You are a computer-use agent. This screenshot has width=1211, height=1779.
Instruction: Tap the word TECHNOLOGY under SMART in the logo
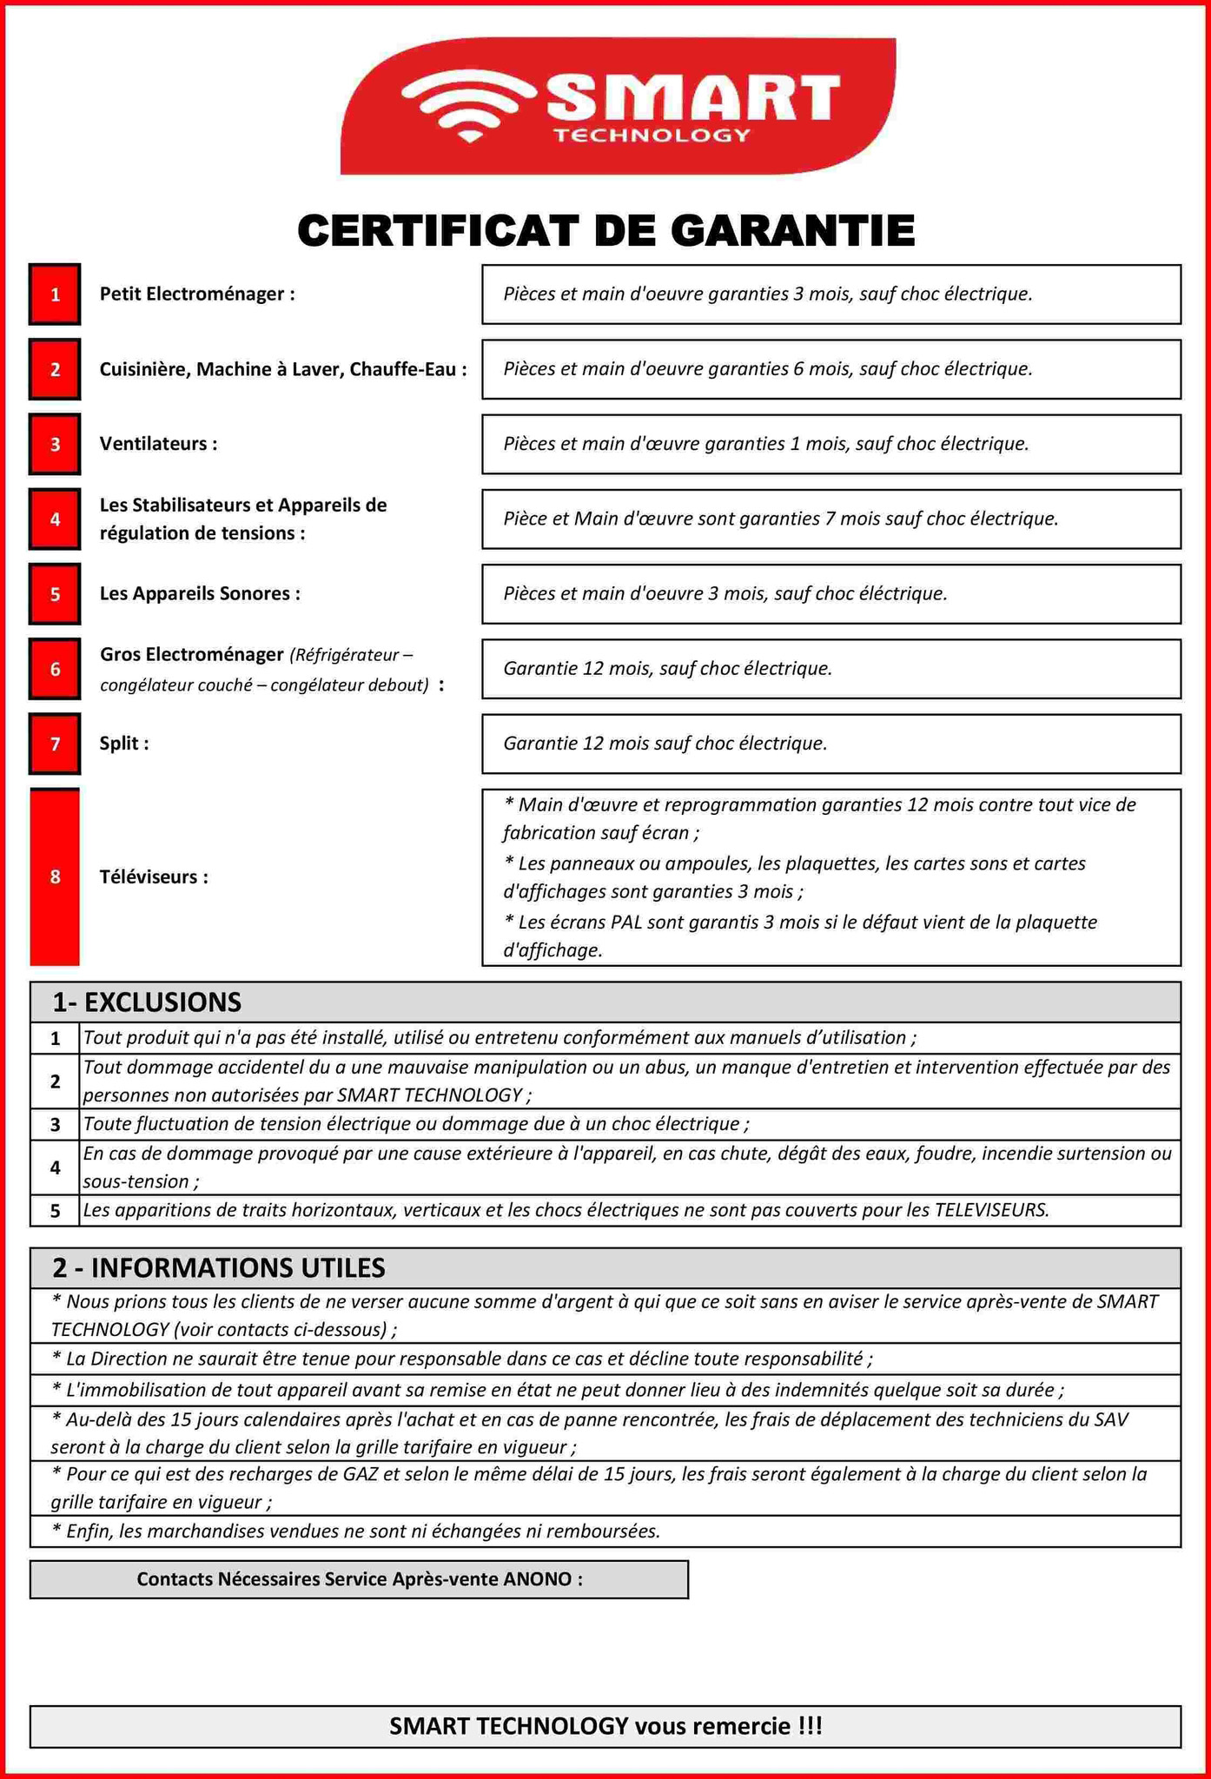coord(652,136)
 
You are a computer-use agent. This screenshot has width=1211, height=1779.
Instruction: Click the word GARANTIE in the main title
coord(792,231)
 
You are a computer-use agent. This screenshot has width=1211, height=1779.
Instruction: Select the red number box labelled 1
coord(55,294)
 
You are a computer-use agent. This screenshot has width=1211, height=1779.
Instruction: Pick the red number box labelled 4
coord(55,519)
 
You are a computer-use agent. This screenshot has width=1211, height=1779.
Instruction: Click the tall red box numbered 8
coord(55,876)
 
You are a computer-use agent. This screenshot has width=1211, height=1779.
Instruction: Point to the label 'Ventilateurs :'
coord(158,444)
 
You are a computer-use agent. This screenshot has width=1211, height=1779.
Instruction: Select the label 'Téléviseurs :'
coord(154,877)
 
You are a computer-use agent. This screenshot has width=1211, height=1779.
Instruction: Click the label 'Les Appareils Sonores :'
coord(200,594)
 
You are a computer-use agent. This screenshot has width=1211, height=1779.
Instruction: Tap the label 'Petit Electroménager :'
coord(197,294)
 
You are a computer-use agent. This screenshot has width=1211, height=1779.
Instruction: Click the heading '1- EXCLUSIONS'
coord(147,1002)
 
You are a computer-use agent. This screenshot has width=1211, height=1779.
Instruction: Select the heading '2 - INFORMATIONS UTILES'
coord(218,1268)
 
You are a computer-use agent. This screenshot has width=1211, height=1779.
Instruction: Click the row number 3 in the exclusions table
coord(55,1125)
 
